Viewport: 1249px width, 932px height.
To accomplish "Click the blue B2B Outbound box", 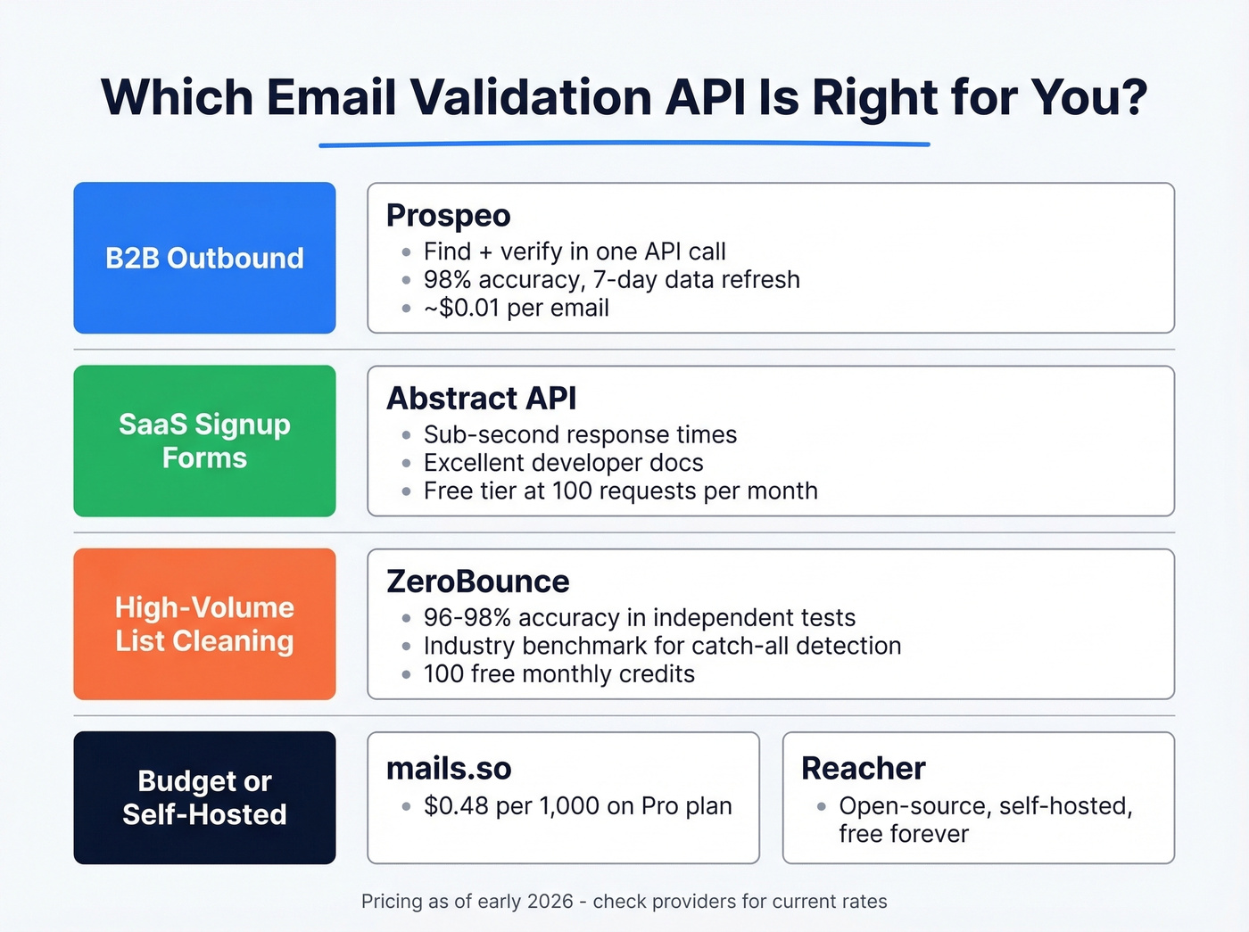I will (x=204, y=258).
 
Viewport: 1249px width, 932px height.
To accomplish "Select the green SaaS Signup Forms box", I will (x=204, y=441).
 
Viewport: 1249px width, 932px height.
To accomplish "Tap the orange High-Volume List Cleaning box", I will (x=204, y=623).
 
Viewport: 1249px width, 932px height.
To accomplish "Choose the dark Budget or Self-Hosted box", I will (x=204, y=797).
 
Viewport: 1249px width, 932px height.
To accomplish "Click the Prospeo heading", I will (x=448, y=216).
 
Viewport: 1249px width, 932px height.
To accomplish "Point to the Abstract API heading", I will (x=481, y=399).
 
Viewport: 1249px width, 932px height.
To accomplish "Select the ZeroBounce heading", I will (x=477, y=581).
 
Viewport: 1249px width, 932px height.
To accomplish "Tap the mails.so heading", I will (x=449, y=769).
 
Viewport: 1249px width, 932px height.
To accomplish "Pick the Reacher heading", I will (x=863, y=769).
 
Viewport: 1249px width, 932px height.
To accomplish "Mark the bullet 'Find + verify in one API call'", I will (x=575, y=252).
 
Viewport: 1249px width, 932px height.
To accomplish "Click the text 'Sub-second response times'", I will (x=580, y=434).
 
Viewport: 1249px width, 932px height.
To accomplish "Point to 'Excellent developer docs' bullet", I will (x=563, y=463).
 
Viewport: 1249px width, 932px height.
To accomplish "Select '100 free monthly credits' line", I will (x=558, y=674).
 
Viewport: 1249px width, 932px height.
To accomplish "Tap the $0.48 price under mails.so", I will (x=456, y=806).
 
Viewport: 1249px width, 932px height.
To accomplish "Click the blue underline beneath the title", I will (x=624, y=144).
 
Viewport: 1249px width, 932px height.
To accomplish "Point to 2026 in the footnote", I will (x=550, y=902).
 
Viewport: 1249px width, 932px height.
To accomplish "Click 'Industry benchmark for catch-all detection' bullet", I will (x=662, y=646).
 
